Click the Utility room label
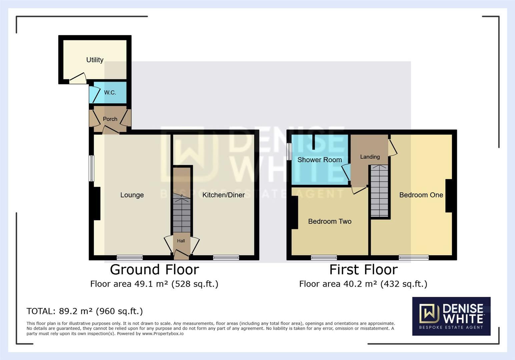coord(95,60)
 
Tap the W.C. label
coord(110,93)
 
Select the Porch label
coord(110,119)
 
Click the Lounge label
coord(132,195)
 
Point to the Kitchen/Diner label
coord(223,195)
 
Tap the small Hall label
coord(181,241)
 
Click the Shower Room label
coord(320,160)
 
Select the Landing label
coord(370,157)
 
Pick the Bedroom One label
coord(421,195)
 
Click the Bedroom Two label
coord(330,222)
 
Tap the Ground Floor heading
coord(154,270)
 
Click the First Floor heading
coord(363,270)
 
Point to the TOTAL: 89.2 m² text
coord(84,311)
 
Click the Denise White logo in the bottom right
coord(451,316)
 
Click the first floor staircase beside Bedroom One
coord(380,192)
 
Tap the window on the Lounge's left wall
coord(91,168)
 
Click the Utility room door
coord(78,79)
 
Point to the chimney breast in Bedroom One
coord(449,196)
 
